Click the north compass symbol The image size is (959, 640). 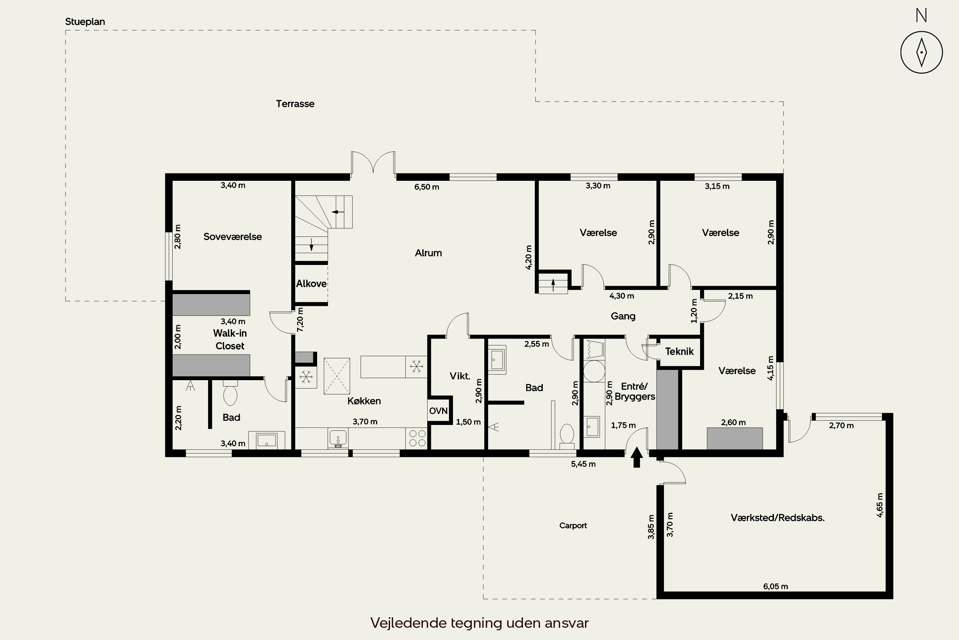pos(921,52)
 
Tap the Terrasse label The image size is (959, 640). pos(295,104)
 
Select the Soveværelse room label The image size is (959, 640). pos(232,237)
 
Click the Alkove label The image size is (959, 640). pos(311,284)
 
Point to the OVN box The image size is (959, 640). pos(438,411)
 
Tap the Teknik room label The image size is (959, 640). pos(679,351)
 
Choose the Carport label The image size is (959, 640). pos(573,526)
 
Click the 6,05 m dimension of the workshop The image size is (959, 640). pos(776,587)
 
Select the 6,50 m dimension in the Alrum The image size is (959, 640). pos(427,187)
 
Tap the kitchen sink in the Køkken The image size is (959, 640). pos(338,438)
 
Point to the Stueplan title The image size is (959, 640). pos(85,22)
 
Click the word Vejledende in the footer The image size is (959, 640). pos(408,623)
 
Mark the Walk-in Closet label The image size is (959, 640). pos(230,340)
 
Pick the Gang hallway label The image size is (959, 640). pos(623,316)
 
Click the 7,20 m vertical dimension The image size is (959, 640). pos(300,319)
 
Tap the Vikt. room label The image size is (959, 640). pos(460,376)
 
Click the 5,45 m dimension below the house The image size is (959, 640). pos(583,464)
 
